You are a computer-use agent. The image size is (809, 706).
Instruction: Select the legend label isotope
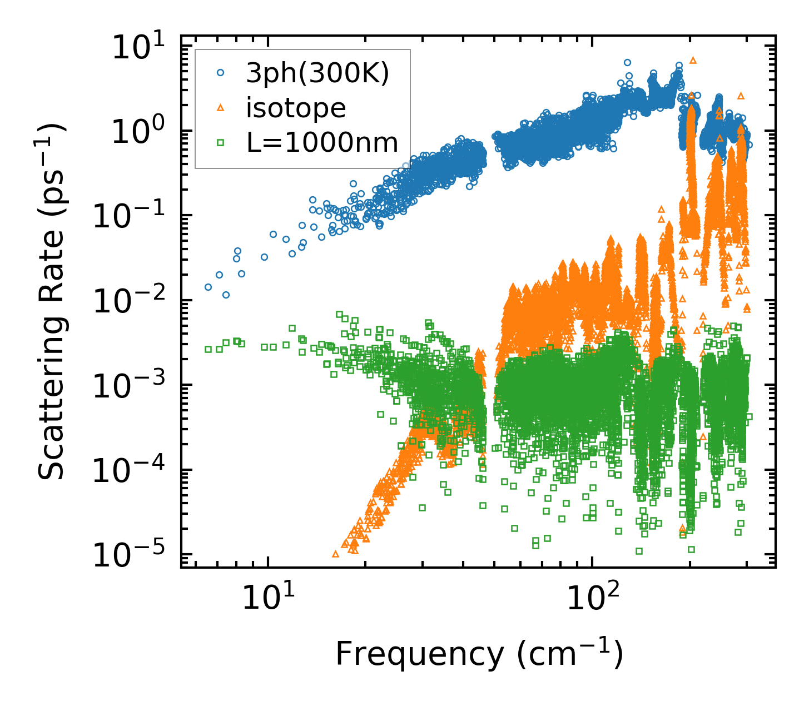point(296,108)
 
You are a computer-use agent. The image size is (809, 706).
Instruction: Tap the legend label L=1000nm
point(322,143)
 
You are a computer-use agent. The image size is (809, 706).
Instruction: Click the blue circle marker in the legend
point(221,73)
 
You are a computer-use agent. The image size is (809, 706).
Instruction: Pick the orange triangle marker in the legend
point(221,108)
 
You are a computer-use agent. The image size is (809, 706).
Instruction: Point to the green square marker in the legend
point(221,143)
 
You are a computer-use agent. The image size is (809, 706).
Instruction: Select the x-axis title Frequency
point(479,654)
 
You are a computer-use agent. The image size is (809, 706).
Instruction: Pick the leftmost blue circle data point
point(208,287)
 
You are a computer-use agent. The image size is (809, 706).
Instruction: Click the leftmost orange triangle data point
point(335,554)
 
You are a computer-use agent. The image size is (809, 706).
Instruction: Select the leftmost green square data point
point(208,349)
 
